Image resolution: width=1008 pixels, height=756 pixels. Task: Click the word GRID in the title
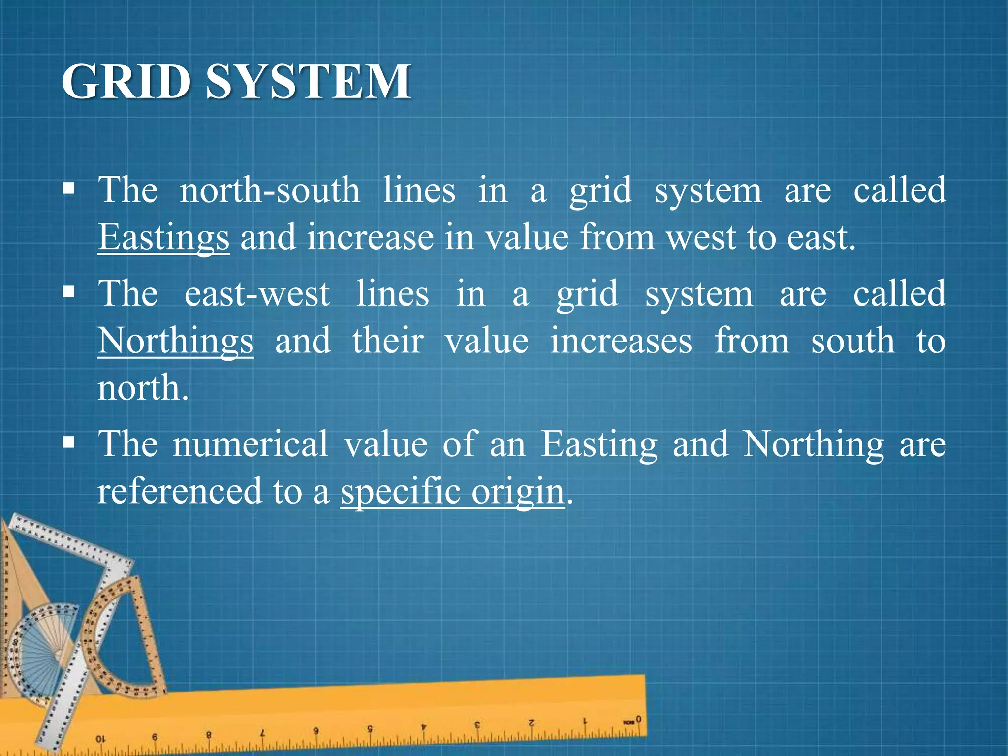coord(126,82)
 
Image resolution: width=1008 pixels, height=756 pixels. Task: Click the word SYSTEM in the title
coord(308,82)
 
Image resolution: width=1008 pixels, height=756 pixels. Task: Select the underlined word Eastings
coord(163,238)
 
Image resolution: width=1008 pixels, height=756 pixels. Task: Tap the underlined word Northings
coord(176,341)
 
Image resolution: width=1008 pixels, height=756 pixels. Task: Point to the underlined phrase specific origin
coord(452,491)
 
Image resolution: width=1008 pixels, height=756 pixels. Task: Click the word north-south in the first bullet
coord(270,190)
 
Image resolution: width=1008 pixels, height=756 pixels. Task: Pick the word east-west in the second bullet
coord(257,294)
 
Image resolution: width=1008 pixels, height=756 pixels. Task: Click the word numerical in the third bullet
coord(250,444)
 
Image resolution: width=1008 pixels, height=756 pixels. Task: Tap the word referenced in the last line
coord(180,491)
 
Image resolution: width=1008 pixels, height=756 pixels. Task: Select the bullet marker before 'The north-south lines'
coord(69,189)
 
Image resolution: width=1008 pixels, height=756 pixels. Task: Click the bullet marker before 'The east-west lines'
coord(69,292)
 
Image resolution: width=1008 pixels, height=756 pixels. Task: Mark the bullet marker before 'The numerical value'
coord(69,442)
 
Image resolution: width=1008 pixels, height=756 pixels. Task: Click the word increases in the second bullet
coord(621,341)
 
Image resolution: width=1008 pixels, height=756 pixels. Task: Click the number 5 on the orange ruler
coord(370,728)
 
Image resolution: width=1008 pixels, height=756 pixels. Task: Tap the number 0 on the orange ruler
coord(638,719)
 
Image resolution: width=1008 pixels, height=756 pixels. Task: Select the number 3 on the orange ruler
coord(477,725)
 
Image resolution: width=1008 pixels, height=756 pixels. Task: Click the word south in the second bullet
coord(852,341)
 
